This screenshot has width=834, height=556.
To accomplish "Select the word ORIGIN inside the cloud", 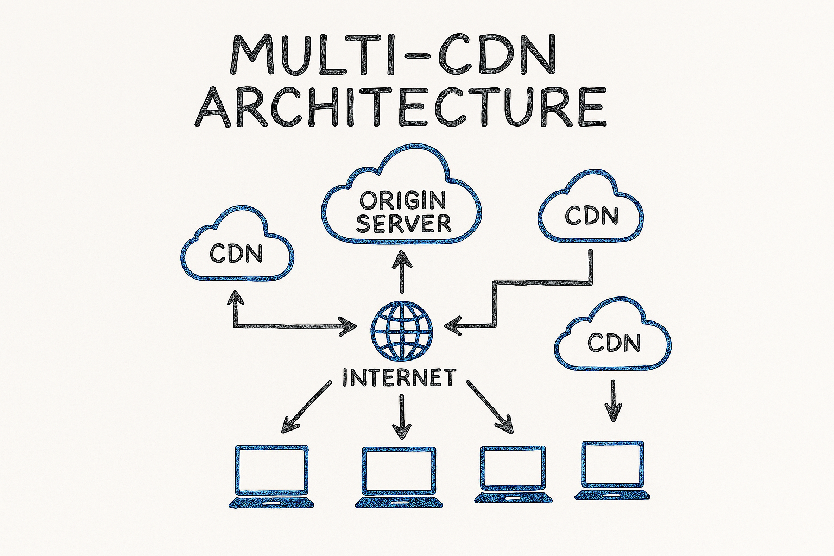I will click(x=402, y=200).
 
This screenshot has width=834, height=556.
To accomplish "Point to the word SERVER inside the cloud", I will click(x=403, y=223).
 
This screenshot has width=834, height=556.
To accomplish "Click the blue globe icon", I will click(x=402, y=331).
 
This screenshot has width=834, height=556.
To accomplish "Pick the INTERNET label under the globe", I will click(x=399, y=377).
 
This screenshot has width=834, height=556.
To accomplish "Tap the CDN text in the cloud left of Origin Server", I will click(x=236, y=254).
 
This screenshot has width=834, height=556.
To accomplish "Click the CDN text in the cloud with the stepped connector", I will click(x=591, y=216).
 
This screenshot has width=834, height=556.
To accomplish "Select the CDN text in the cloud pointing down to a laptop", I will click(x=614, y=343).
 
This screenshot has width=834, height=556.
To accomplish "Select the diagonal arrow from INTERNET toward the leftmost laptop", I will click(x=306, y=407).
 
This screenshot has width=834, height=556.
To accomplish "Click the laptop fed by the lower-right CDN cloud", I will click(x=612, y=470).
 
